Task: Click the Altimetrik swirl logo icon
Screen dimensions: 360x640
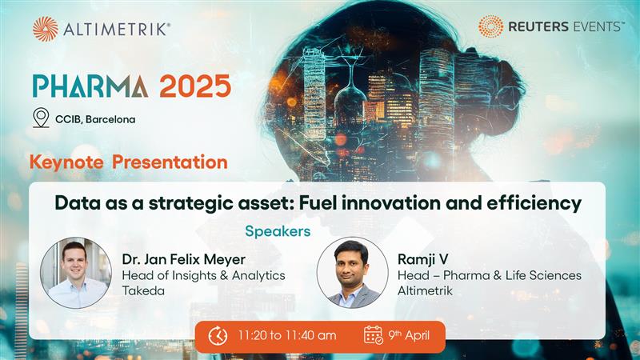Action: [46, 29]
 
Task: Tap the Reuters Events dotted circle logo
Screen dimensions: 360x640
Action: [490, 26]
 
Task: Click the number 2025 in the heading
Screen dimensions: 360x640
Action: [194, 85]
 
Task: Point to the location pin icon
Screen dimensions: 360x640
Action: [41, 118]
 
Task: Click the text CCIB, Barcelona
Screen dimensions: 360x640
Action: [95, 119]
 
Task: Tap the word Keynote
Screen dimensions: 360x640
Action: [66, 162]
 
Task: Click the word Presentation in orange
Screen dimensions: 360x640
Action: [170, 162]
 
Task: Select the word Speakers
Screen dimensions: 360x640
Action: [278, 231]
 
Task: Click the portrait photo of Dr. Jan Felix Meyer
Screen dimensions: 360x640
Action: [76, 273]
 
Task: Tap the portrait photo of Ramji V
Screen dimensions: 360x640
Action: [352, 273]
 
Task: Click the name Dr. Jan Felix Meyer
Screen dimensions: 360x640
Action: [185, 259]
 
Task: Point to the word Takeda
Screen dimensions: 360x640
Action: [142, 292]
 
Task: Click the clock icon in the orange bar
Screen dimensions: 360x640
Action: [218, 336]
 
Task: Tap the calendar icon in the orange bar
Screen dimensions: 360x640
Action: [374, 336]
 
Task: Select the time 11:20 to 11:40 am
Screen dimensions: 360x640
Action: [286, 336]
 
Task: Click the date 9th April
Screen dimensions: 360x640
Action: [410, 336]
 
